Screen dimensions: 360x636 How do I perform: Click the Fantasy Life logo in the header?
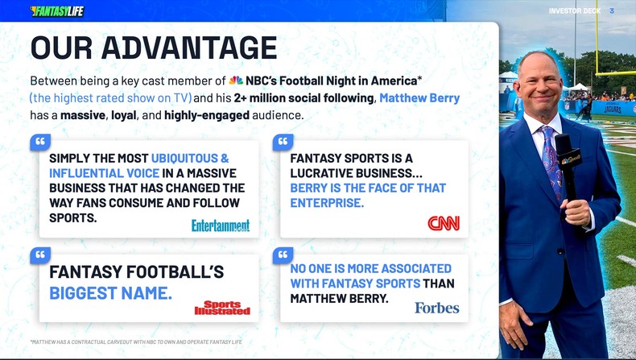pos(56,11)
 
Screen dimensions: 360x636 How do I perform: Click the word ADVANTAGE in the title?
pos(190,48)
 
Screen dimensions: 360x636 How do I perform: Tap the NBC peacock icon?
pos(236,81)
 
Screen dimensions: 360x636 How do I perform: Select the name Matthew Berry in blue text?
pos(419,98)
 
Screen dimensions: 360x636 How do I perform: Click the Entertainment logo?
pos(221,226)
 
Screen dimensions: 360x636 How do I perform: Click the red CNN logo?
pos(444,223)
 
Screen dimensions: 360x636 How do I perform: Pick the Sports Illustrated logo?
pos(222,308)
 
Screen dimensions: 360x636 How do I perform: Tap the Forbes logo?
pos(437,308)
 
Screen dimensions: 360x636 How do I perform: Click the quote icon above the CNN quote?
pos(283,142)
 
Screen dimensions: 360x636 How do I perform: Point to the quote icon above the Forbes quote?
pos(283,255)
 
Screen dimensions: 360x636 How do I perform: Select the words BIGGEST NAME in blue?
pos(111,292)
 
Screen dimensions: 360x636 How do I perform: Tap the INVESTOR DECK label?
pos(575,11)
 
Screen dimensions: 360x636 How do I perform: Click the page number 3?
pos(612,11)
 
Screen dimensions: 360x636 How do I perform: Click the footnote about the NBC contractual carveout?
pos(136,341)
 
